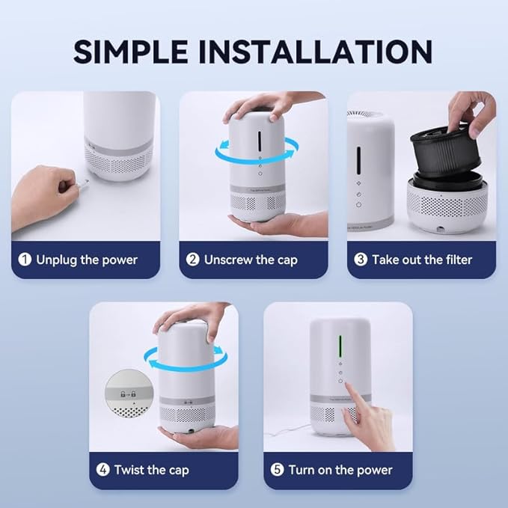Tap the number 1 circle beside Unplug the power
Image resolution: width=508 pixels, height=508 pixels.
(25, 260)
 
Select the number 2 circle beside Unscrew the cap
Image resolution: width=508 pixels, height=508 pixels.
(192, 260)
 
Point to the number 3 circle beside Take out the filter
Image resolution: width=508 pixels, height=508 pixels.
(360, 260)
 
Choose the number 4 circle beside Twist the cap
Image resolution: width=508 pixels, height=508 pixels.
(102, 471)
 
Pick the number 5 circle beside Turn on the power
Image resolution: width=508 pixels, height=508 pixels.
(278, 471)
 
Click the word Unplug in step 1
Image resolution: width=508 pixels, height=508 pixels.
(56, 260)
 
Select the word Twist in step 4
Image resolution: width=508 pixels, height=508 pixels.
(130, 471)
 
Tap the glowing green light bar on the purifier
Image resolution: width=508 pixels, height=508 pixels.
(342, 346)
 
